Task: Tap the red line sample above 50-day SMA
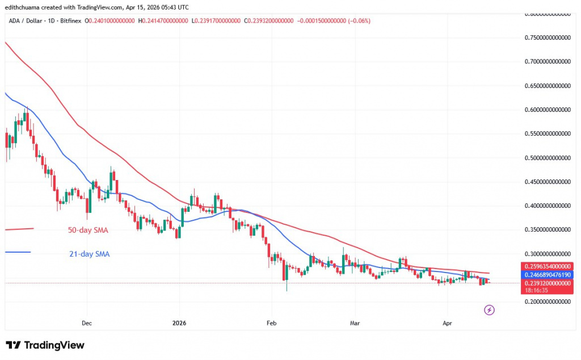19,229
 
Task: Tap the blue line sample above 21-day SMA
17,252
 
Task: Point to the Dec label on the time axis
87,323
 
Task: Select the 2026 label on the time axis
178,323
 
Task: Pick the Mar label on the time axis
355,323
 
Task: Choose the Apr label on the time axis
447,323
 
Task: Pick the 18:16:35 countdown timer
533,290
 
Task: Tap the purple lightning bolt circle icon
489,310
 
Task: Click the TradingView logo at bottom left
45,345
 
